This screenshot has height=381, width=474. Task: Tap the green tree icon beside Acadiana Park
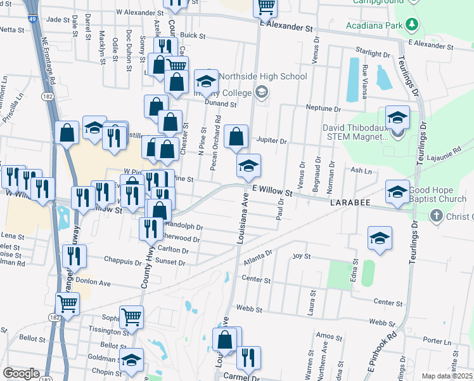[x=412, y=25]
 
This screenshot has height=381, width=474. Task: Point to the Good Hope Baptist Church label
[x=442, y=195]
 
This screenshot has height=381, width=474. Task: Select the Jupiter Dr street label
[x=272, y=139]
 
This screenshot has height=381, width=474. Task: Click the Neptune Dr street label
[x=323, y=108]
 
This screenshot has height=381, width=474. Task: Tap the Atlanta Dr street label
[x=258, y=257]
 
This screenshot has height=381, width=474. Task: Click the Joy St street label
[x=301, y=257]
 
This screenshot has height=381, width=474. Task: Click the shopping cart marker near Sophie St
[x=131, y=316]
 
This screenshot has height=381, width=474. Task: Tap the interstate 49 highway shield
[x=32, y=20]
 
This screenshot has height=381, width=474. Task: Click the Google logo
[x=21, y=373]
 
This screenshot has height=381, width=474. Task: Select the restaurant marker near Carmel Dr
[x=248, y=358]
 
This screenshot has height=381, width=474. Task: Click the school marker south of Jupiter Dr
[x=248, y=166]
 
